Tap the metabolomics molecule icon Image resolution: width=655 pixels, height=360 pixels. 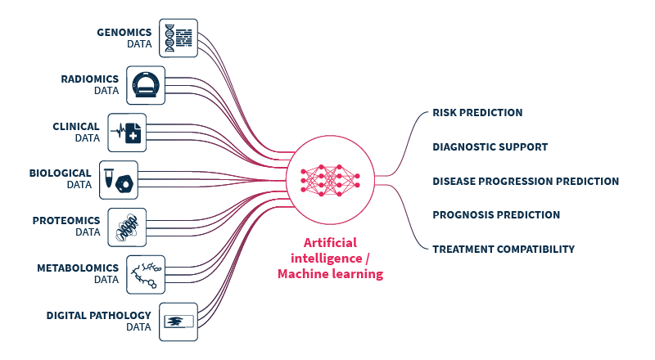(145, 274)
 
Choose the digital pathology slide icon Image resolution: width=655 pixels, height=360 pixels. (179, 321)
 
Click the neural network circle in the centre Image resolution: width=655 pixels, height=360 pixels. (330, 179)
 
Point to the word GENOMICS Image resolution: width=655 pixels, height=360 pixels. (124, 33)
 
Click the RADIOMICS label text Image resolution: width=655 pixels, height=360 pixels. (90, 79)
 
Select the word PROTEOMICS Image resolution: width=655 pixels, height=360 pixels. (66, 221)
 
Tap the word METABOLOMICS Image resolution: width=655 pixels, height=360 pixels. (78, 268)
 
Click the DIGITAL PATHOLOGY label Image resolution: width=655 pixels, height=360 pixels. (98, 315)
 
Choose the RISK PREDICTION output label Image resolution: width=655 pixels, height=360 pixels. (477, 113)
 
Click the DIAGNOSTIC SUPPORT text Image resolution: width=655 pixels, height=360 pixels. (490, 147)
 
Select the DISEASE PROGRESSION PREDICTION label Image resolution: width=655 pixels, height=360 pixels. (526, 181)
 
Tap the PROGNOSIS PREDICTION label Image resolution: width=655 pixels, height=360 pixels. (496, 215)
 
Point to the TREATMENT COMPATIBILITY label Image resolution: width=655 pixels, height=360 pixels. (504, 249)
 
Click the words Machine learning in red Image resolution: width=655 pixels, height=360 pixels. (330, 275)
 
